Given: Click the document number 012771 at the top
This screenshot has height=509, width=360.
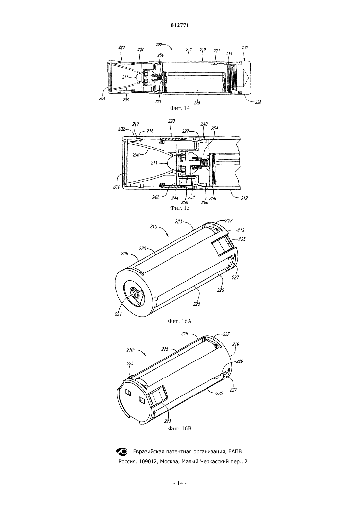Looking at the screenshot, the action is point(180,26).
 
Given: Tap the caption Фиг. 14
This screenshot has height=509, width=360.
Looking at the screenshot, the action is point(180,108).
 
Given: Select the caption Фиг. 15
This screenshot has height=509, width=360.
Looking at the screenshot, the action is point(180,208).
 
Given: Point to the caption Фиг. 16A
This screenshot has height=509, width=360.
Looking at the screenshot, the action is point(180,321).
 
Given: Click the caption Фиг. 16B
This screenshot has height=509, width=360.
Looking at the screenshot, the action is point(180,428).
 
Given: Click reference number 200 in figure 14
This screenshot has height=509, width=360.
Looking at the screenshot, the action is point(159,44).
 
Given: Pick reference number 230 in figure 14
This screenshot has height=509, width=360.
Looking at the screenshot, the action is point(245,48).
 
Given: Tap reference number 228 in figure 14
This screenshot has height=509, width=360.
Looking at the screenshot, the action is point(258,102).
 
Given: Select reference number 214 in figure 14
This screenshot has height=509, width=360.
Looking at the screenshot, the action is point(229,54).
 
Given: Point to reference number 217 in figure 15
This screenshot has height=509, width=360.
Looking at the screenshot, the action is point(136,124).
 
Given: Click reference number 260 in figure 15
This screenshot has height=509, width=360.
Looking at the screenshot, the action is point(205,202).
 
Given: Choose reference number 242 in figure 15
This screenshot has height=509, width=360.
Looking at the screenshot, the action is point(156,197).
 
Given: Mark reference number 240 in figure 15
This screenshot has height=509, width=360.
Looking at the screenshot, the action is point(204,124).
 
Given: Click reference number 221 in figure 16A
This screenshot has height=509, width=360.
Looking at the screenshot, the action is point(118,314).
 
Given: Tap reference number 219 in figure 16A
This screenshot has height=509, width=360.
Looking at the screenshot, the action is point(241,230).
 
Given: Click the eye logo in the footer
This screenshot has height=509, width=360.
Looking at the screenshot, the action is point(122,451).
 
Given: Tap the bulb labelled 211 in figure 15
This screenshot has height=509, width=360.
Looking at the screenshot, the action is point(171,163).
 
